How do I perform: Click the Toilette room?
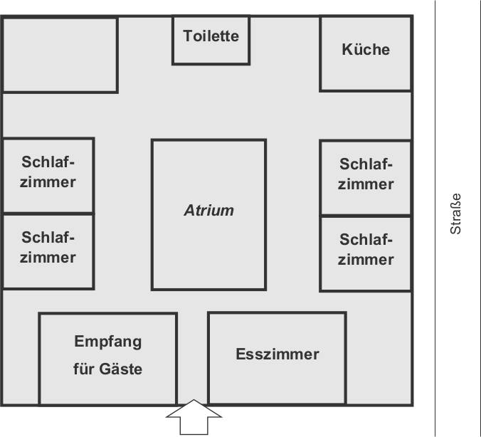(x=211, y=41)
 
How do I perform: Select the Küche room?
(x=366, y=53)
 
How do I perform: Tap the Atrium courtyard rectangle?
(x=208, y=214)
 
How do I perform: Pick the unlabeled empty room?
(x=60, y=55)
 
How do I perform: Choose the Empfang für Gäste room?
(x=107, y=359)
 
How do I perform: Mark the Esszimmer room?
(x=277, y=358)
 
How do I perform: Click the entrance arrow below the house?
(x=194, y=419)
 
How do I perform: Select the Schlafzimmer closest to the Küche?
(x=366, y=177)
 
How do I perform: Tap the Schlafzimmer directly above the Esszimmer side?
(x=366, y=253)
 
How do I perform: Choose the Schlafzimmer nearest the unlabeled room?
(x=48, y=175)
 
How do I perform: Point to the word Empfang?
(x=108, y=342)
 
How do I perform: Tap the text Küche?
(x=366, y=50)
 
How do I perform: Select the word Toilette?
(x=211, y=36)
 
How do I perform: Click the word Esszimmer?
(x=277, y=354)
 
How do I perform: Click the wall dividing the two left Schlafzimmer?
(x=48, y=213)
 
